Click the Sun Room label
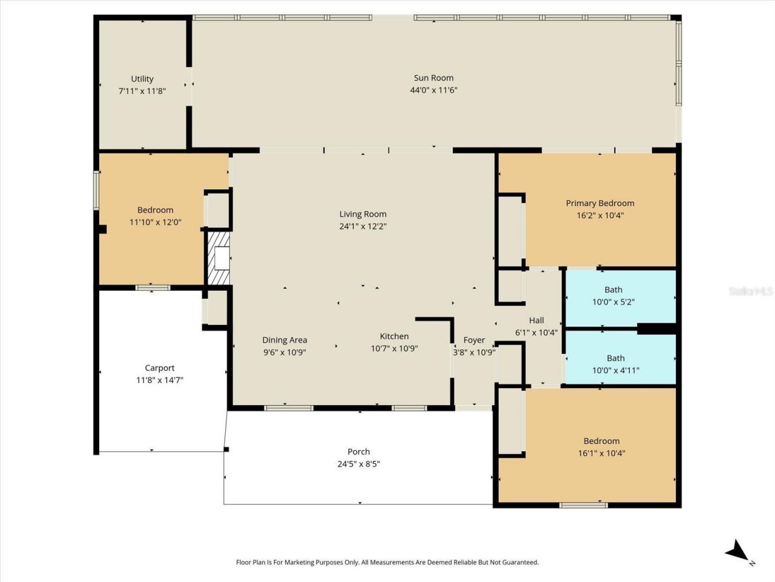(434, 78)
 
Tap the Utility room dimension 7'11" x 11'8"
(142, 91)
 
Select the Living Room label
(363, 214)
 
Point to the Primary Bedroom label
(600, 203)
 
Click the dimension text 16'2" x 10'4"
(600, 215)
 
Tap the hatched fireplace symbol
(220, 258)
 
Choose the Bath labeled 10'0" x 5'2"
(613, 296)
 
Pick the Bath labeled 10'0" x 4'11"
(615, 364)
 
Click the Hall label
(536, 320)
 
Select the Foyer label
(474, 340)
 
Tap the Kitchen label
(394, 336)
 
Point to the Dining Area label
(285, 340)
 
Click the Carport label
(160, 368)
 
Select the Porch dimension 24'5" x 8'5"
(358, 464)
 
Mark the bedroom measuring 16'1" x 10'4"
(601, 447)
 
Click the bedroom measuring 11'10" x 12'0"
(155, 216)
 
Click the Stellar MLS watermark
(751, 292)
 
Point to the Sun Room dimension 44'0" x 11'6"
(434, 90)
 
